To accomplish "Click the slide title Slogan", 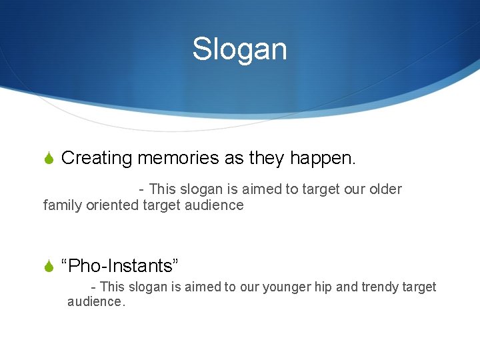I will tap(239, 49).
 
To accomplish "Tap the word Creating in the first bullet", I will tap(97, 158).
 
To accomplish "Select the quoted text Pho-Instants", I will tap(119, 266).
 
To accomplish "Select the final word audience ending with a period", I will tap(95, 302).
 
